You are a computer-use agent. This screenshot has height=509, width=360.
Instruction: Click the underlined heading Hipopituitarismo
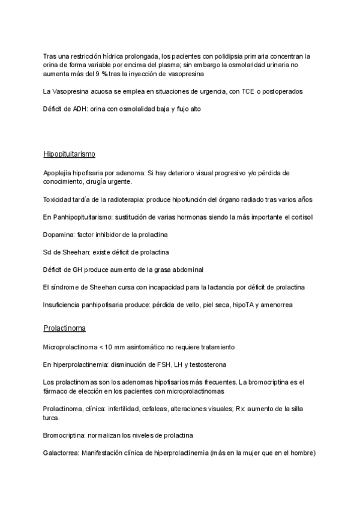[x=70, y=154]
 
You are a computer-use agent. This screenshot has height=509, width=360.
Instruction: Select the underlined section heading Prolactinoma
[x=64, y=328]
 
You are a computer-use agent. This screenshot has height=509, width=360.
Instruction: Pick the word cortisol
[x=300, y=217]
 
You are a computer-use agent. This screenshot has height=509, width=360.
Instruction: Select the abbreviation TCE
[x=248, y=91]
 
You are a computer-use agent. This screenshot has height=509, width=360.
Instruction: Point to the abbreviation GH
[x=74, y=270]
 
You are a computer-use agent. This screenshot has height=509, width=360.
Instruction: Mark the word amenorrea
[x=276, y=305]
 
